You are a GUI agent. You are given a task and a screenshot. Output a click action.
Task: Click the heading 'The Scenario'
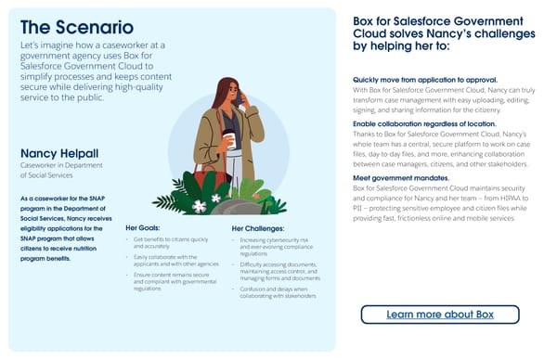click(76, 27)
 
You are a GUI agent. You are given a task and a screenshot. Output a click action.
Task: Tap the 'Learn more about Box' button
click(439, 315)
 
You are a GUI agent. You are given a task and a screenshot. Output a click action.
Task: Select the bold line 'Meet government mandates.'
click(403, 177)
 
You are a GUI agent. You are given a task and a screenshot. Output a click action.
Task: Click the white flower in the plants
click(215, 198)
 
